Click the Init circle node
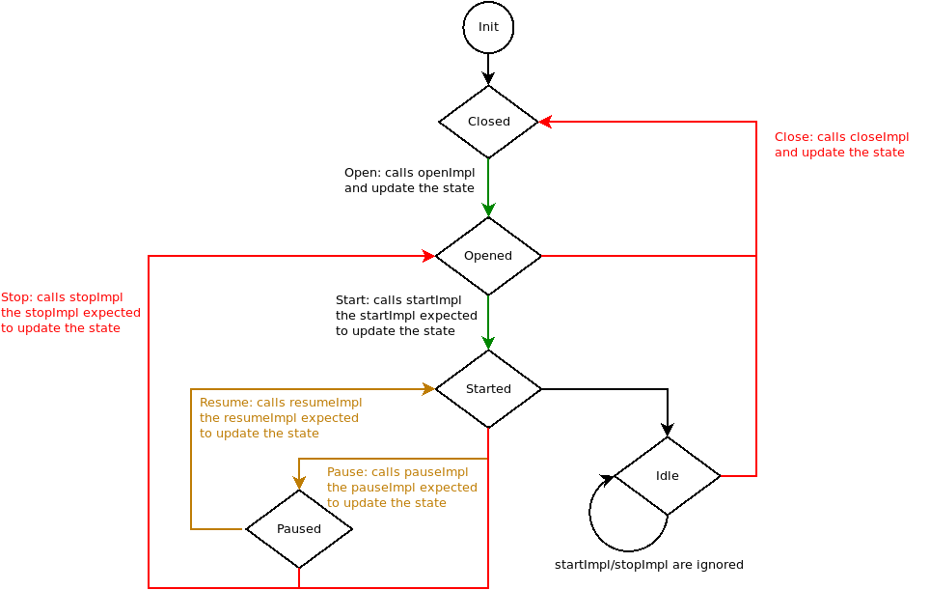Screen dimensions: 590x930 [488, 27]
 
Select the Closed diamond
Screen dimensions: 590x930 [488, 122]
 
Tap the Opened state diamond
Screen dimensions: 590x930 [488, 256]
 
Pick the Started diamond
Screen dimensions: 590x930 [488, 389]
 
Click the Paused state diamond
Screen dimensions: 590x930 [299, 529]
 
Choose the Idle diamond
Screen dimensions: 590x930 [668, 476]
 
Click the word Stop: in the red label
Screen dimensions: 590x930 [17, 297]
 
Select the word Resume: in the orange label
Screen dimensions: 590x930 [226, 403]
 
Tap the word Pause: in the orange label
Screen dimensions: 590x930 [347, 472]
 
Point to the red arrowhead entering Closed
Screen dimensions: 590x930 [545, 122]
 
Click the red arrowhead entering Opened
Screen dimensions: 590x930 [429, 256]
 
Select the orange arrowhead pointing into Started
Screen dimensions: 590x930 [429, 389]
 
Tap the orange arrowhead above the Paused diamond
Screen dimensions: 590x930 [299, 483]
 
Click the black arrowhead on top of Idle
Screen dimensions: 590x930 [668, 431]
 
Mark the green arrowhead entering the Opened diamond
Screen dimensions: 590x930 [488, 211]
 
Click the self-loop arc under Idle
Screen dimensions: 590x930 [608, 541]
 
